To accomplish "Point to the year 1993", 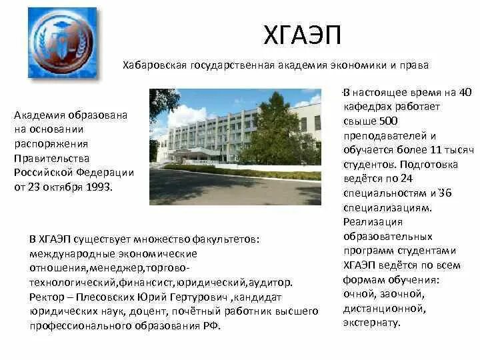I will (99, 187).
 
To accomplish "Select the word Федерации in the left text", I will (104, 172).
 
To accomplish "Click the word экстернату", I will (372, 323).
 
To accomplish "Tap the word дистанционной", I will (384, 309).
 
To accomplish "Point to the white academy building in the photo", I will (200, 133).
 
